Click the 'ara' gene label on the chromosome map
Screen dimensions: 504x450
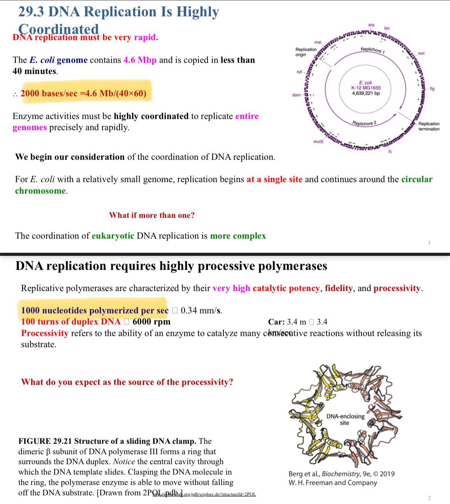371,25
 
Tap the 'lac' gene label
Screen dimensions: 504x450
387,28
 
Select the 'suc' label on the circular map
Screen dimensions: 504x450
421,53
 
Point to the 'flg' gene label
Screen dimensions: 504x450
432,89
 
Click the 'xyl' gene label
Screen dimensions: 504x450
299,72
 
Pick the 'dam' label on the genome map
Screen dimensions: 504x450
296,95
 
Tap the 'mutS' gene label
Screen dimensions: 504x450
318,142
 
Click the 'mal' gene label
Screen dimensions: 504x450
318,42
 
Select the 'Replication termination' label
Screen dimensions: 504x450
429,127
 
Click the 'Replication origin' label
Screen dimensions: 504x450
306,52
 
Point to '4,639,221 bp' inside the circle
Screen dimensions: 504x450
366,93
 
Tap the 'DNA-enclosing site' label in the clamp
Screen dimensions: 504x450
345,419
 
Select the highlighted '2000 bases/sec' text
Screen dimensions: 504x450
49,93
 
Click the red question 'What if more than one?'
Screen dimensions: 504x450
152,215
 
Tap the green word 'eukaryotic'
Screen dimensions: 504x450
113,236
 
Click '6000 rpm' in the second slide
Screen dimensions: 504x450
151,322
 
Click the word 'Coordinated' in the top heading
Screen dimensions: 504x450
58,29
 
